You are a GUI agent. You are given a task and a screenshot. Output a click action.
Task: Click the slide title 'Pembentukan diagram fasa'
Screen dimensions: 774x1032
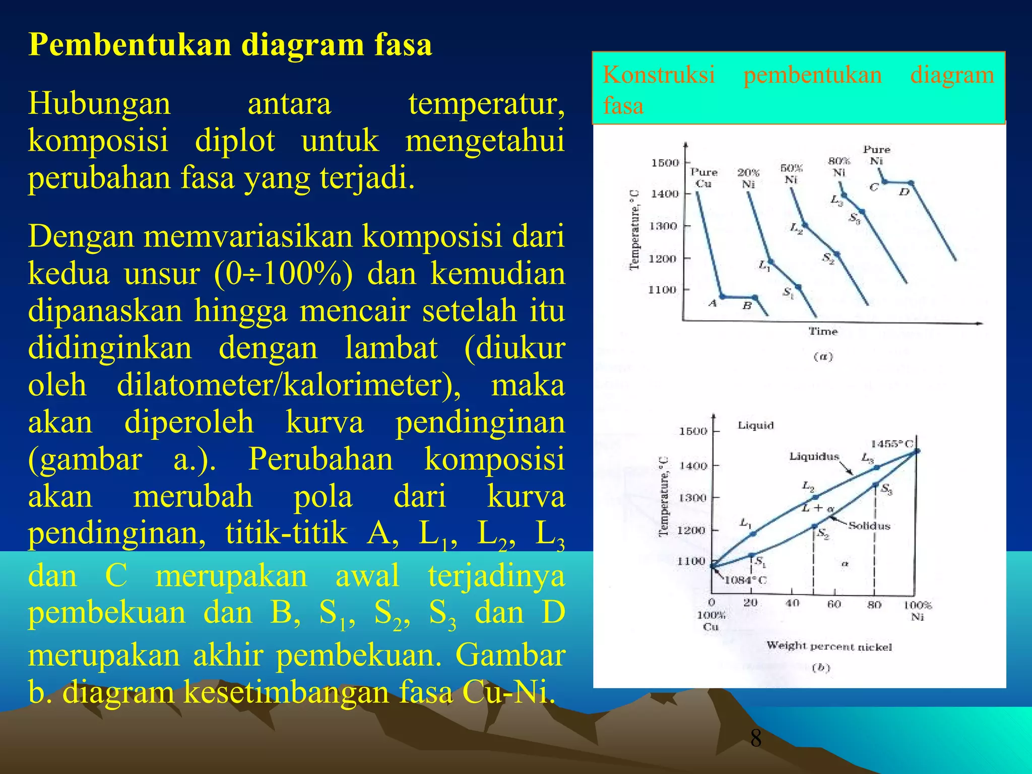click(x=230, y=45)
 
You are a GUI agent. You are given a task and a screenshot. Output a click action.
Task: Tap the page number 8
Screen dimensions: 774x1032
click(x=755, y=738)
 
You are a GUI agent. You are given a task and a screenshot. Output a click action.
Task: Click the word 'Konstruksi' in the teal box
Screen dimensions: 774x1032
click(x=659, y=75)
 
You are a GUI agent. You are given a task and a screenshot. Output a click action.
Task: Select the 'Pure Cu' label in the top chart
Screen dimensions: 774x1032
click(x=703, y=178)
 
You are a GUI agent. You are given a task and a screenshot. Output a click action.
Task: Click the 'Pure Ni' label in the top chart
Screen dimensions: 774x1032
click(x=876, y=155)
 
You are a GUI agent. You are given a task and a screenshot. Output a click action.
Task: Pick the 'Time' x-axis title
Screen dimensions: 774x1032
click(x=823, y=331)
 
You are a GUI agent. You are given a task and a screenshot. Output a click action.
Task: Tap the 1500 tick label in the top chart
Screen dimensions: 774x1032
click(x=665, y=163)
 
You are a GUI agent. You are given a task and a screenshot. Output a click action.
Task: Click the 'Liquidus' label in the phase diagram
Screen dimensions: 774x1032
click(x=814, y=457)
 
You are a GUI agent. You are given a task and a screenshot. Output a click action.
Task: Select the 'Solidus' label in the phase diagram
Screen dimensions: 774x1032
click(x=869, y=526)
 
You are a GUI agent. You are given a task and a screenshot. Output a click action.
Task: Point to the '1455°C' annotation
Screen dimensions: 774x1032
click(x=892, y=444)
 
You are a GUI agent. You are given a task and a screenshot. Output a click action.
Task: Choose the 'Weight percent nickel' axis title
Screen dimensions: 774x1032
click(x=829, y=646)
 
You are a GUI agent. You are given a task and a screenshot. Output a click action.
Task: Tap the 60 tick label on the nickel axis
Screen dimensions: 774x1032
click(x=834, y=604)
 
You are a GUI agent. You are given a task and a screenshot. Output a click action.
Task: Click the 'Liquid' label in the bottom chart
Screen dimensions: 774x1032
click(x=755, y=425)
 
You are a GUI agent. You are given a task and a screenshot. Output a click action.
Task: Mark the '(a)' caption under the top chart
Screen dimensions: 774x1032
click(x=823, y=357)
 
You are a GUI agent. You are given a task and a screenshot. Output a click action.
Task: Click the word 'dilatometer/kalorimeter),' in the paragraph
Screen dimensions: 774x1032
click(x=288, y=385)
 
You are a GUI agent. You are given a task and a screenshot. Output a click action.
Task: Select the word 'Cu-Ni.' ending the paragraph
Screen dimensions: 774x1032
click(x=508, y=693)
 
